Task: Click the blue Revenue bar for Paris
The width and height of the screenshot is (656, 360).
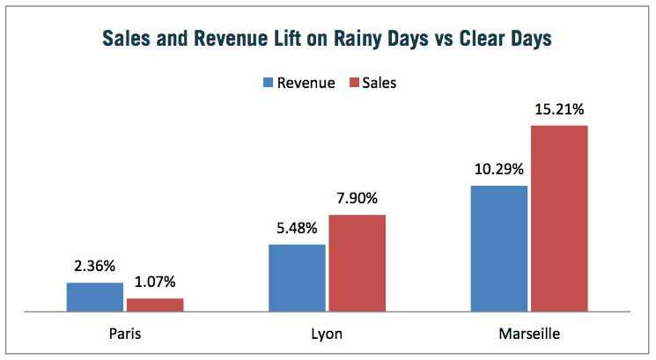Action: point(95,297)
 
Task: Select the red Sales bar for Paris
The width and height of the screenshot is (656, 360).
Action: point(155,305)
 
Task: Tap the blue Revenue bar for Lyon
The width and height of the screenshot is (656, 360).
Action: point(297,277)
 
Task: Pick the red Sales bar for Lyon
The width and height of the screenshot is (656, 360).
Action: point(357,263)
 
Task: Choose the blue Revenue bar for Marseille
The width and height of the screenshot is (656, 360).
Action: point(499,248)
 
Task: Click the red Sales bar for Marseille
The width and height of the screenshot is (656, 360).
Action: point(559,218)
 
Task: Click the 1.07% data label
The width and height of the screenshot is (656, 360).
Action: point(155,283)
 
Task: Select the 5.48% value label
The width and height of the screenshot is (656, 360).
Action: point(297,229)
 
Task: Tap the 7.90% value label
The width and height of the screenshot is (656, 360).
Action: point(357,199)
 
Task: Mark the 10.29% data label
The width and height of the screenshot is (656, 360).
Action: point(499,169)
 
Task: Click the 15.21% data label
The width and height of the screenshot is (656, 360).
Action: point(559,110)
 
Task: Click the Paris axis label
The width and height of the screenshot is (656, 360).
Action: point(125,334)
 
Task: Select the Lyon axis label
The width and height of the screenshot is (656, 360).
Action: point(327,334)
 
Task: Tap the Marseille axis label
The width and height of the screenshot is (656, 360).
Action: point(528,334)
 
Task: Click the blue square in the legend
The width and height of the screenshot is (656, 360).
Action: point(268,84)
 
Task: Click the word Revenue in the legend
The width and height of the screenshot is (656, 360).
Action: point(306,84)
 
